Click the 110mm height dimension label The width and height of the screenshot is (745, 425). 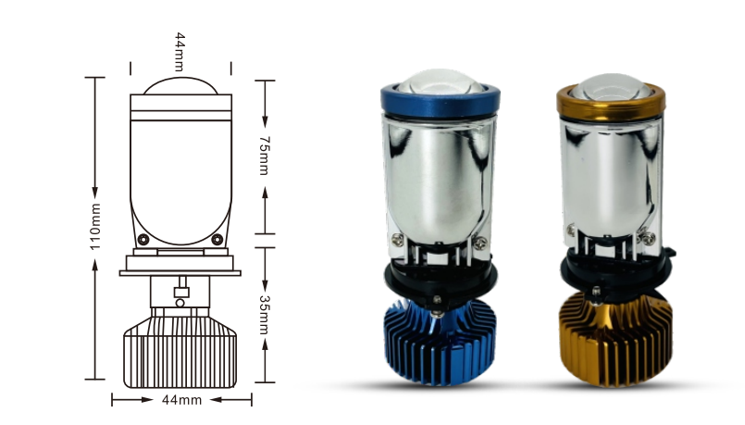(95, 226)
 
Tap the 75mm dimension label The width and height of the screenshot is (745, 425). (265, 156)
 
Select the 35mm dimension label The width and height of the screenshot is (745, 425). (265, 315)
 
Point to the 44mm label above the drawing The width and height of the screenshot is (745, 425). (180, 52)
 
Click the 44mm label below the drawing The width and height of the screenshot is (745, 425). (181, 400)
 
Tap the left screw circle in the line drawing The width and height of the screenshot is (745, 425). (143, 239)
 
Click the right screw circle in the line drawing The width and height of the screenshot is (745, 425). (217, 239)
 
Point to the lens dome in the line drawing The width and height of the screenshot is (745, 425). (181, 85)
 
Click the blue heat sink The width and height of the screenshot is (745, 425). (440, 343)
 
